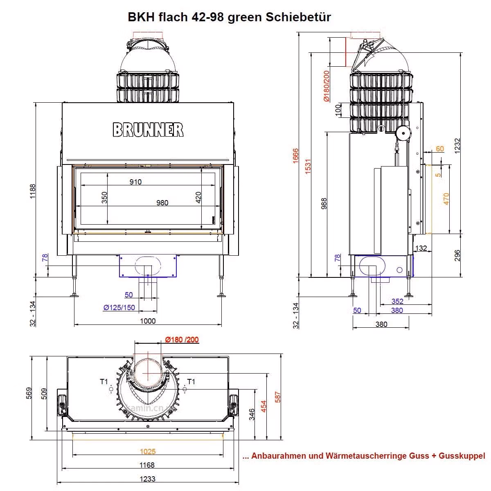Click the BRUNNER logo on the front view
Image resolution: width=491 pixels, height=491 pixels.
148,130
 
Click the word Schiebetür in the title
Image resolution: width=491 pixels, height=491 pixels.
298,17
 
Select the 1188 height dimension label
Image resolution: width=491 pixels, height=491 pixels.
33,191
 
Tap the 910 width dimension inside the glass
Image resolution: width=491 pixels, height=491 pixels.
135,182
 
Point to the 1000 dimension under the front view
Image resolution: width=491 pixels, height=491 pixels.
148,321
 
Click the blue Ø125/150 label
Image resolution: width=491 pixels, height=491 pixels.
119,308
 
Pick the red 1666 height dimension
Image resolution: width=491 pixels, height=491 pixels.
295,155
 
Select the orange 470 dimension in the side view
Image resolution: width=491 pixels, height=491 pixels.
446,199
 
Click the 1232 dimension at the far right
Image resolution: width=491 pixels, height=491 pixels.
457,146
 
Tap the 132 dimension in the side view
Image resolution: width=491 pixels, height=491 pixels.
421,248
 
